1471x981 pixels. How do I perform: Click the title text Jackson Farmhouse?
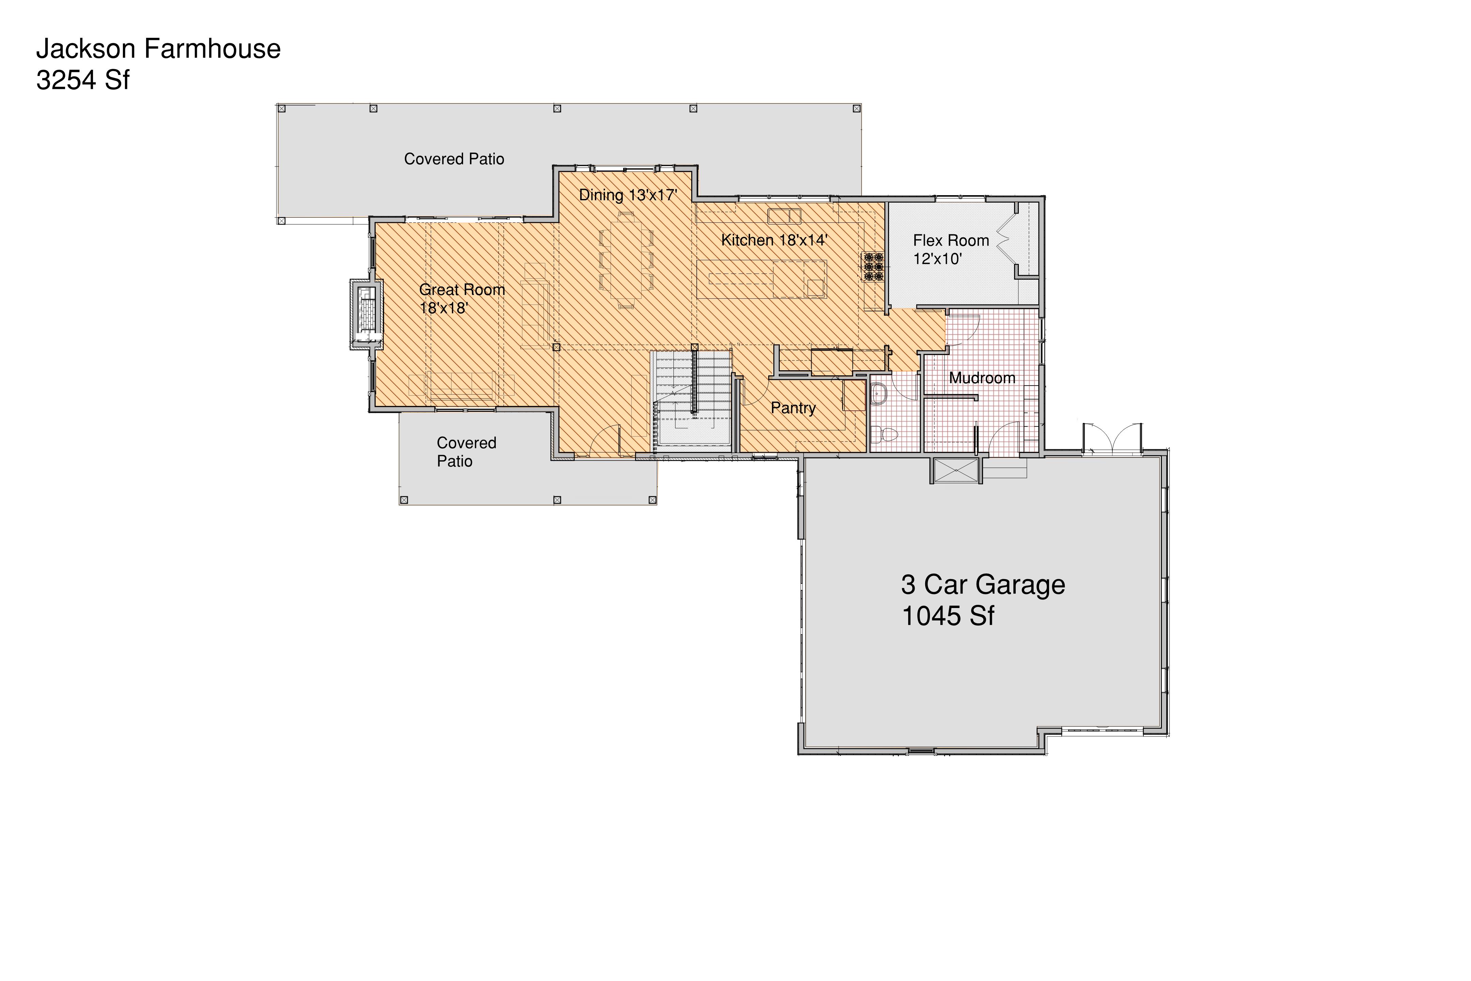pos(158,49)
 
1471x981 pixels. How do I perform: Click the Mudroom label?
pos(982,378)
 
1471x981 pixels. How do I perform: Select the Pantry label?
pos(793,408)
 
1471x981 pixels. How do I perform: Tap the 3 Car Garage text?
pos(983,585)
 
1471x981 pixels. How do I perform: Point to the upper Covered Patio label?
pos(454,159)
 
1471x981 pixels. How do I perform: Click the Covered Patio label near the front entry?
pos(466,452)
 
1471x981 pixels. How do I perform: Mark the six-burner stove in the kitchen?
pos(872,266)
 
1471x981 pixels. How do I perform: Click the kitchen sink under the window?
pos(784,216)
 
